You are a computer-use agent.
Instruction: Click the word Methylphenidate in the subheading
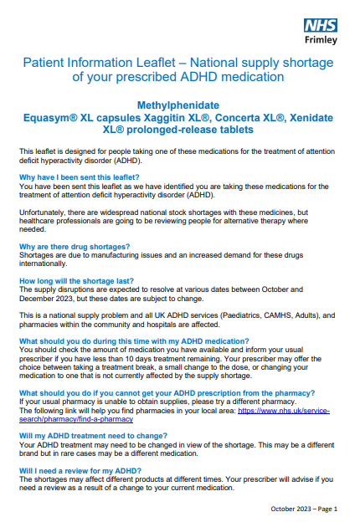(x=179, y=105)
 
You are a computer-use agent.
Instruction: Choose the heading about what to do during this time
(x=134, y=341)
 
